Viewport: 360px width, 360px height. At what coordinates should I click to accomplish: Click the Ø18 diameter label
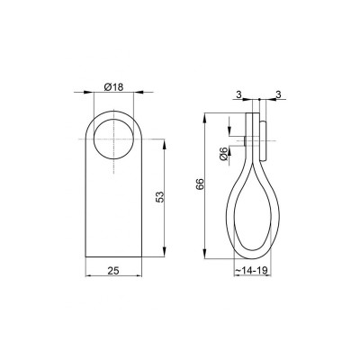pyautogui.click(x=114, y=86)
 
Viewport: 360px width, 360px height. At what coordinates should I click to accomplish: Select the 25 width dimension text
pyautogui.click(x=114, y=269)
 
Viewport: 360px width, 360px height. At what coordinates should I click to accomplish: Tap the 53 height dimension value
pyautogui.click(x=159, y=196)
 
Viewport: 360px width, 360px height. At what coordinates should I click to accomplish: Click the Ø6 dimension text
pyautogui.click(x=223, y=154)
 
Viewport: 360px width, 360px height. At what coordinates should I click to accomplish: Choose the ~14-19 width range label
pyautogui.click(x=255, y=269)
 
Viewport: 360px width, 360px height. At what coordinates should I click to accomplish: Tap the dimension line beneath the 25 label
pyautogui.click(x=114, y=276)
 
